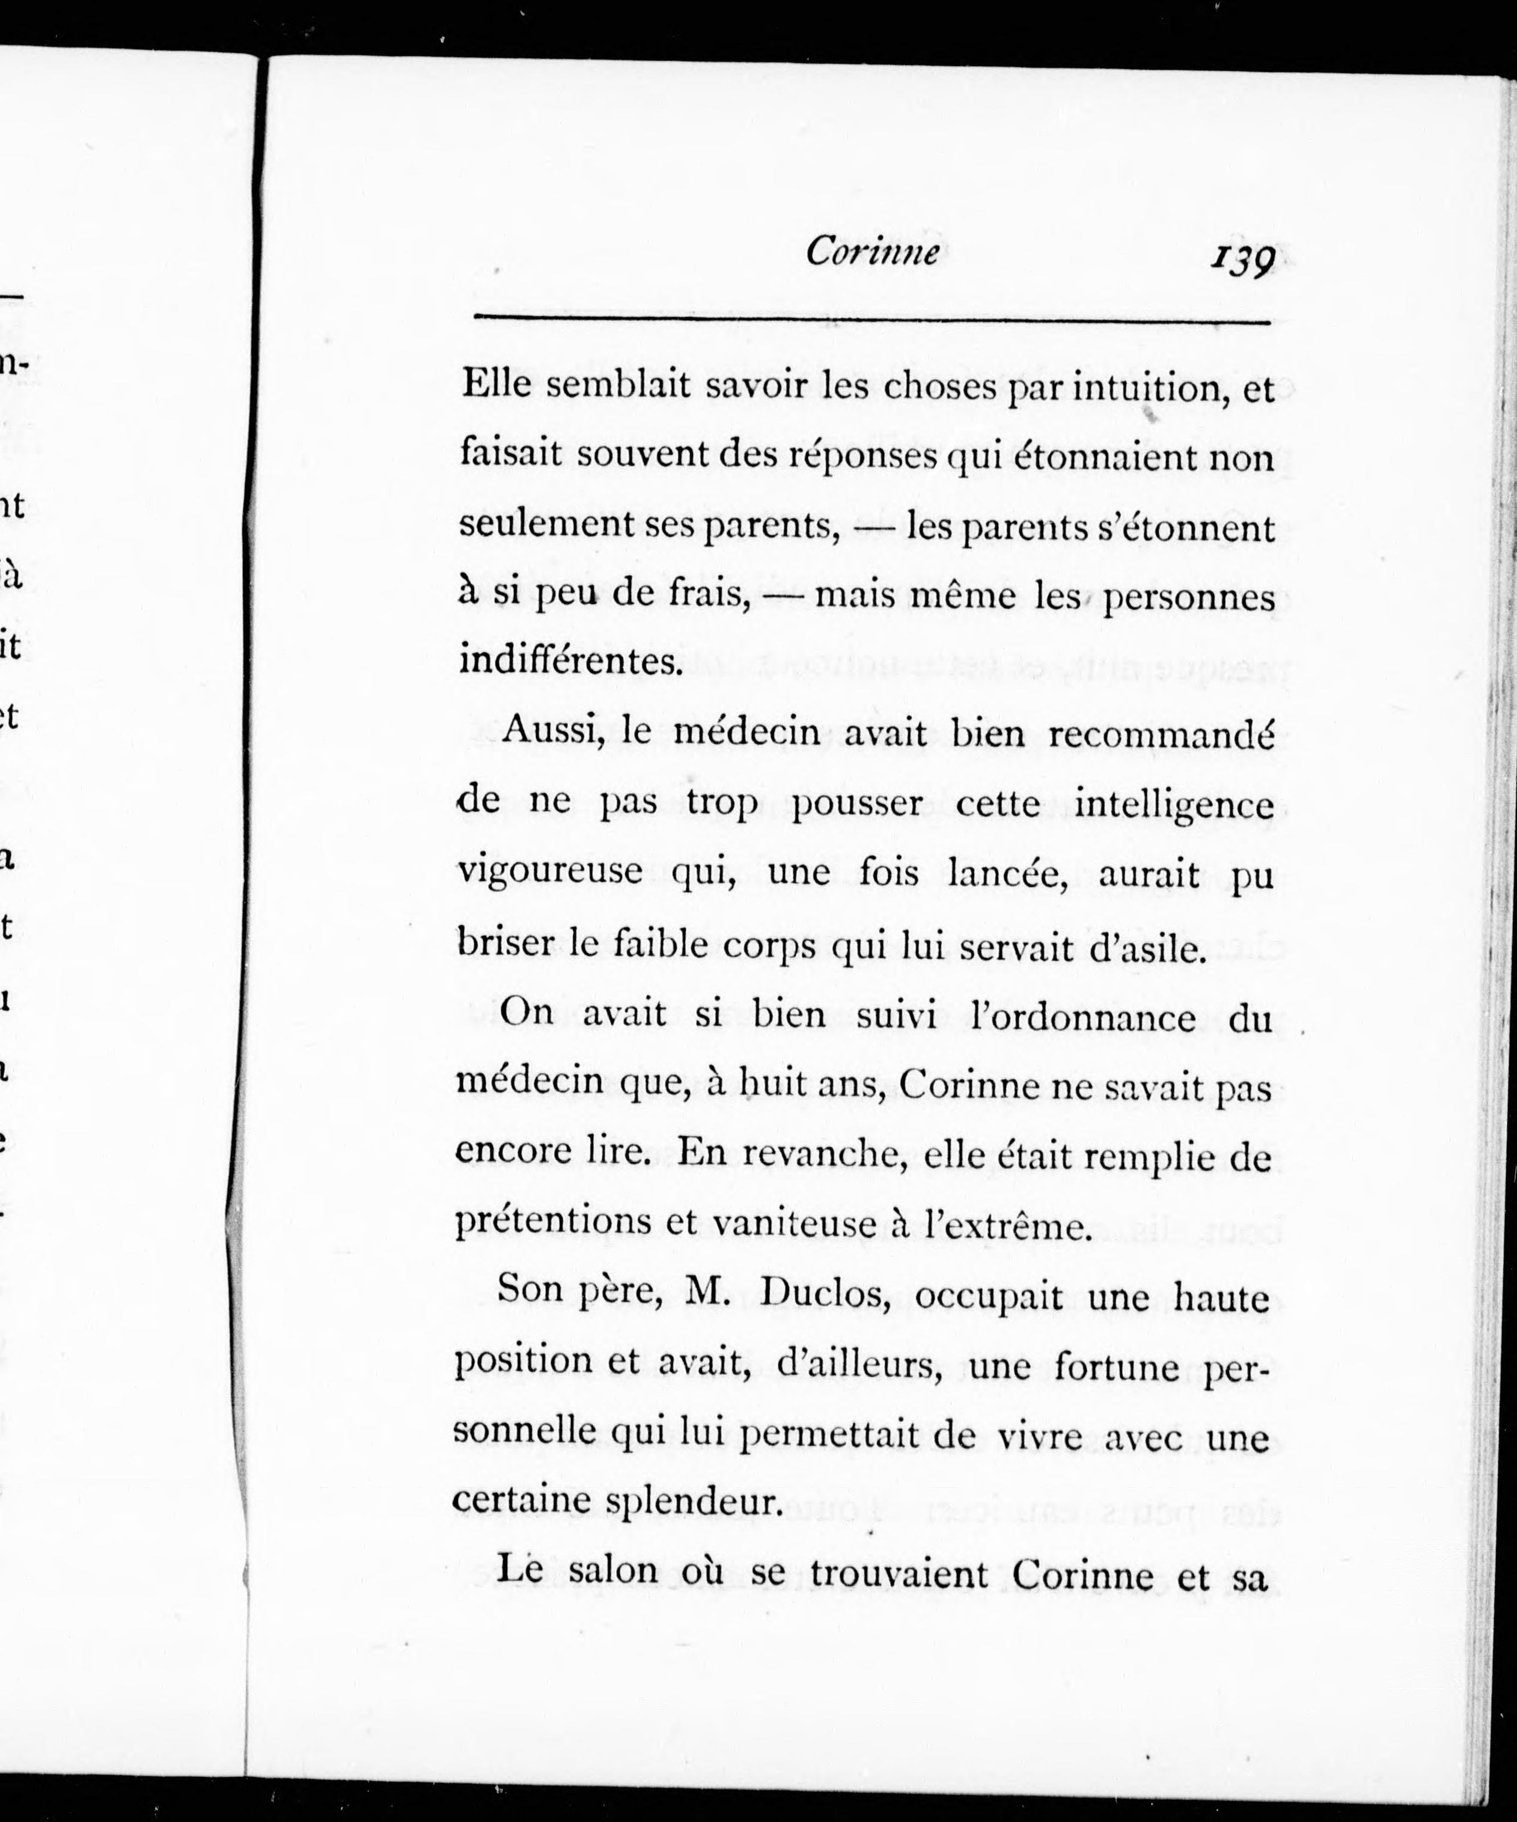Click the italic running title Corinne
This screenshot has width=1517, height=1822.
pyautogui.click(x=872, y=252)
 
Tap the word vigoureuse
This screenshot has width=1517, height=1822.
pyautogui.click(x=549, y=874)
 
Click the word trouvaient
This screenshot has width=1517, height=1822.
pyautogui.click(x=898, y=1573)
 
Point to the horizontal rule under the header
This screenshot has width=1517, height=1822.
pyautogui.click(x=871, y=320)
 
